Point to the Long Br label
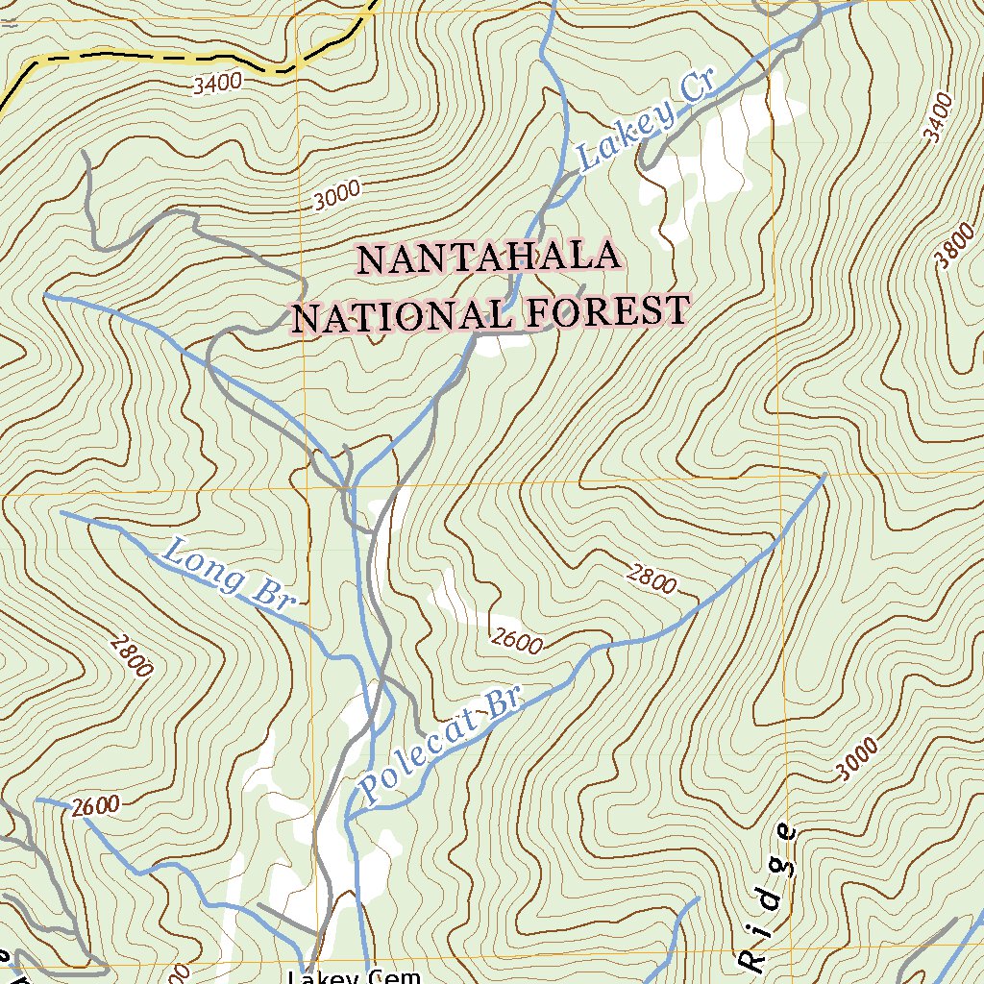227,577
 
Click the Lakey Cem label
355,975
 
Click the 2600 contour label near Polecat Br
517,639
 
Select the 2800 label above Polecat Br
652,579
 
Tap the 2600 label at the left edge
94,806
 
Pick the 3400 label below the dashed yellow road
217,84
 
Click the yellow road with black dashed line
144,57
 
